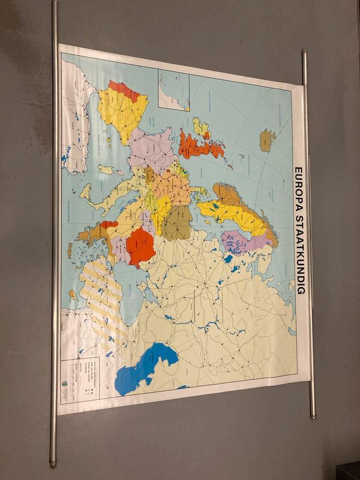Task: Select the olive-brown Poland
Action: [x=178, y=223]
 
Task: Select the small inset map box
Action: [x=174, y=90]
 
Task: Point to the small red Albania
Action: [x=109, y=224]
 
